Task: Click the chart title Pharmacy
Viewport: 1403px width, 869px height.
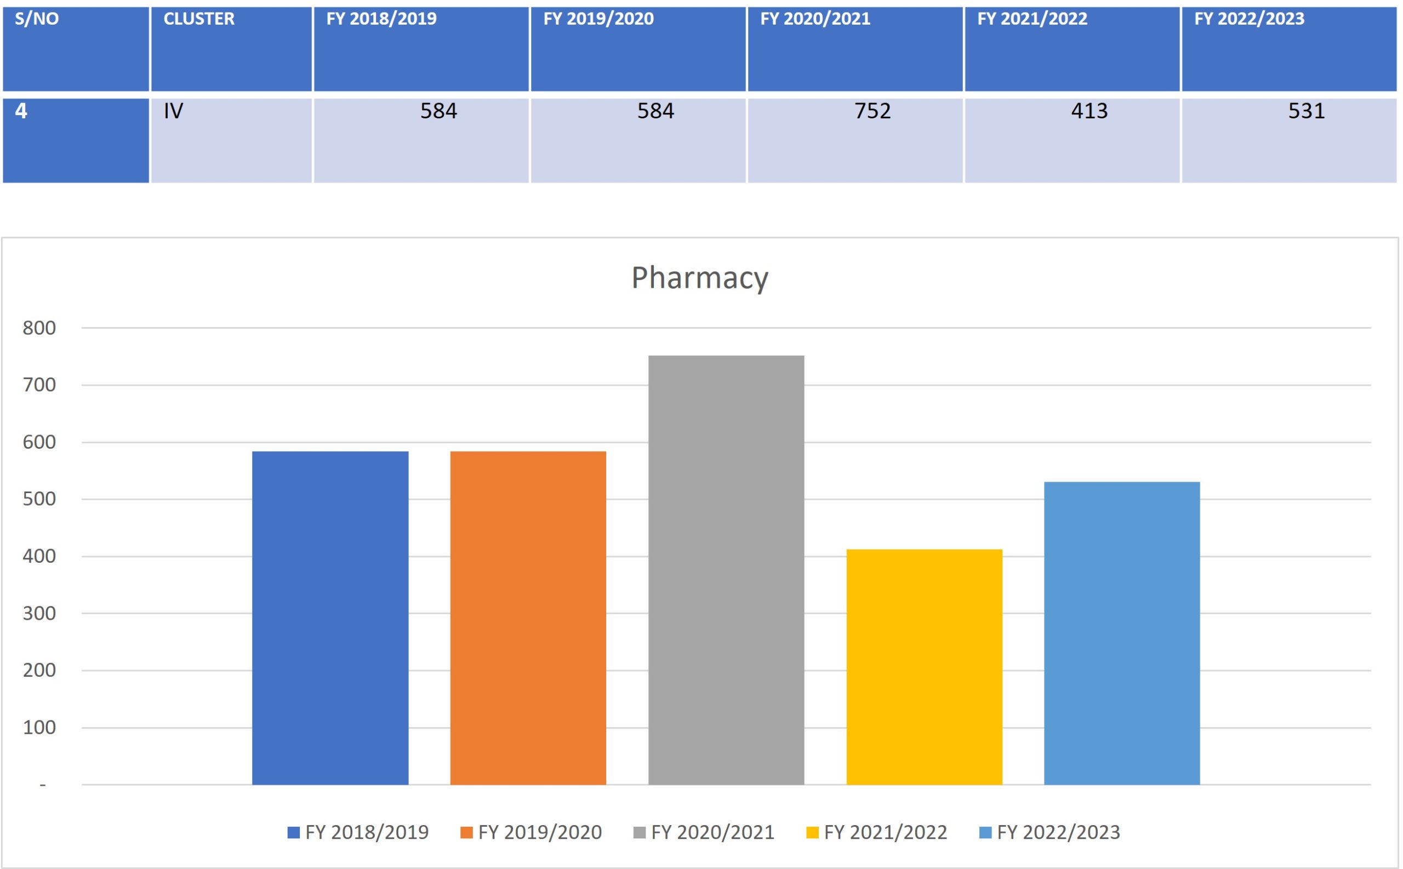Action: point(699,278)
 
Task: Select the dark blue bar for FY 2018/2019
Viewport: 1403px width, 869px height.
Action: point(330,618)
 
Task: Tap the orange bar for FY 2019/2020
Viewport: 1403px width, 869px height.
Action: point(528,618)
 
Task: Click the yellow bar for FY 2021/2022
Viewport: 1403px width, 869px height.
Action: point(923,667)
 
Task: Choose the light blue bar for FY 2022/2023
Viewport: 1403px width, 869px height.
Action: point(1121,633)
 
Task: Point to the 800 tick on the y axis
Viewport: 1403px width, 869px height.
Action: point(39,328)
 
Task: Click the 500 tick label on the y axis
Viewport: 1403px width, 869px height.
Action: point(39,499)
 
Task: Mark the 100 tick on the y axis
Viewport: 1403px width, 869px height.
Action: point(39,728)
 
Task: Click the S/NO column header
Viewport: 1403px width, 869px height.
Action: point(37,19)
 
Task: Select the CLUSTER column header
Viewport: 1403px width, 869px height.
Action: point(199,19)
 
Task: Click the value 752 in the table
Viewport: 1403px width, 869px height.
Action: point(872,111)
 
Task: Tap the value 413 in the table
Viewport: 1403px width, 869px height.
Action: point(1088,111)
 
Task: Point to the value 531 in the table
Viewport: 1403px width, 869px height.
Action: point(1306,111)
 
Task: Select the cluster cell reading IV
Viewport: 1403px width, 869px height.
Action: point(173,111)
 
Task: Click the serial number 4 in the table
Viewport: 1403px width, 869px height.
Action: point(21,111)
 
